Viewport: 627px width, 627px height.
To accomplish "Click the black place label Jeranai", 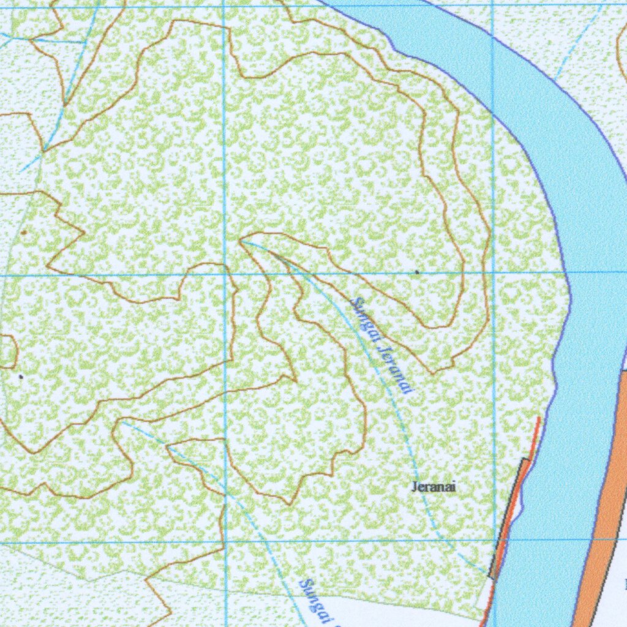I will pyautogui.click(x=434, y=487).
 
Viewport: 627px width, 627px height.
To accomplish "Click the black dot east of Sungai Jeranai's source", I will pyautogui.click(x=417, y=271).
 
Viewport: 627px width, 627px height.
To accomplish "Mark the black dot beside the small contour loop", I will pyautogui.click(x=21, y=377).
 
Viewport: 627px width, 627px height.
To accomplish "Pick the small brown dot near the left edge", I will pyautogui.click(x=24, y=233).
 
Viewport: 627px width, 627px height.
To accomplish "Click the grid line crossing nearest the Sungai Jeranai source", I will pyautogui.click(x=225, y=274).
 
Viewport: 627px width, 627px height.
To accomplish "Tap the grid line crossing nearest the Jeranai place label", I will pyautogui.click(x=495, y=541).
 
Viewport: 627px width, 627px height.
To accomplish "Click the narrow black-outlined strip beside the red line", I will pyautogui.click(x=508, y=520).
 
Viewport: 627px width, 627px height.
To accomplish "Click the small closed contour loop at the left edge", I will pyautogui.click(x=7, y=351).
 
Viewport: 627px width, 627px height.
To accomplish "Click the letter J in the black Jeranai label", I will pyautogui.click(x=415, y=487).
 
